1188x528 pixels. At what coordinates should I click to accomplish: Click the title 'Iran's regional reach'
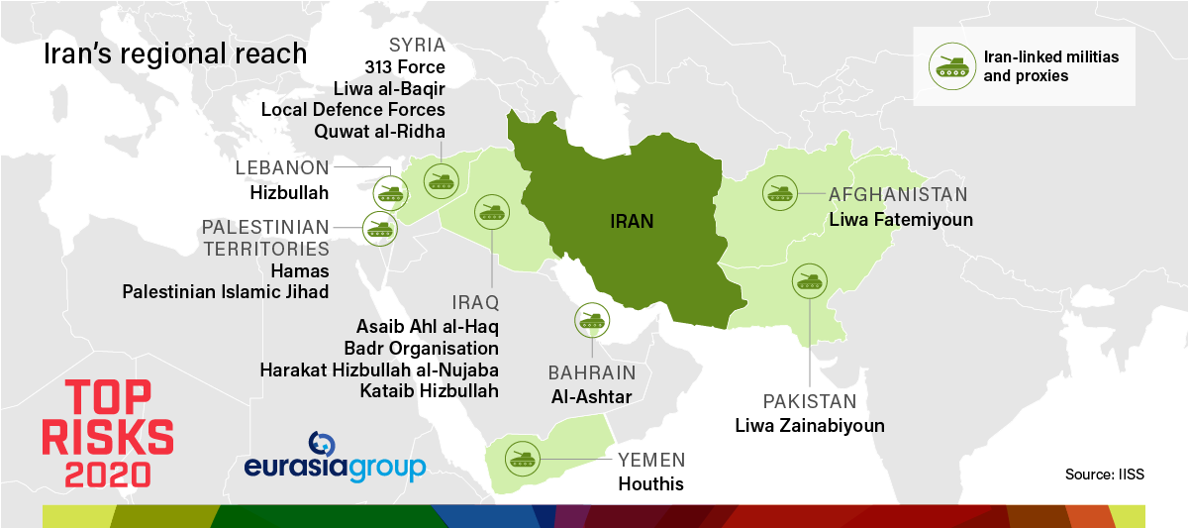pos(174,53)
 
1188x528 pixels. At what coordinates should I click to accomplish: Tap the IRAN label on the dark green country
pos(631,221)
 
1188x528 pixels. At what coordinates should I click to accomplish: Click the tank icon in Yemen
pos(523,459)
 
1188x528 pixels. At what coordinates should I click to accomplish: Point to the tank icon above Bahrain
pos(591,319)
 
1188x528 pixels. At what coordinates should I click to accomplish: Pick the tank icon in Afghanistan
pos(780,192)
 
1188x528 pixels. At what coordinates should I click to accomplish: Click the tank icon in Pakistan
pos(809,280)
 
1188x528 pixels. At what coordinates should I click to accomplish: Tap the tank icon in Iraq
pos(492,211)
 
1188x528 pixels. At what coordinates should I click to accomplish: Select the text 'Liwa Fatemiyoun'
pos(901,219)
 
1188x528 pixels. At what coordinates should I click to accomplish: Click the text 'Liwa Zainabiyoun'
pos(809,425)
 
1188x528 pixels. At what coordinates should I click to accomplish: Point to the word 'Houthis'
pos(650,484)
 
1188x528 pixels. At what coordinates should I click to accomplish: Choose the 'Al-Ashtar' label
pos(590,396)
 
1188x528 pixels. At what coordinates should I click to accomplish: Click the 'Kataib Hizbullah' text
pos(430,390)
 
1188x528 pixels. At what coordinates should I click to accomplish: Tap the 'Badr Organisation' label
pos(422,348)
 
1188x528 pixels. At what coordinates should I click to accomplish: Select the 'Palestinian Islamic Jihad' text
pos(226,291)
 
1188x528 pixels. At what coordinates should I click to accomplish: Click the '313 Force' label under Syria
pos(405,67)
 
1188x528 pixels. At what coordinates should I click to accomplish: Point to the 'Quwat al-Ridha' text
pos(379,131)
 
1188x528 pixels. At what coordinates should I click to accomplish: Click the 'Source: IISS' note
pos(1104,474)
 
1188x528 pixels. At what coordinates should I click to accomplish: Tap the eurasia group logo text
pos(335,467)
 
